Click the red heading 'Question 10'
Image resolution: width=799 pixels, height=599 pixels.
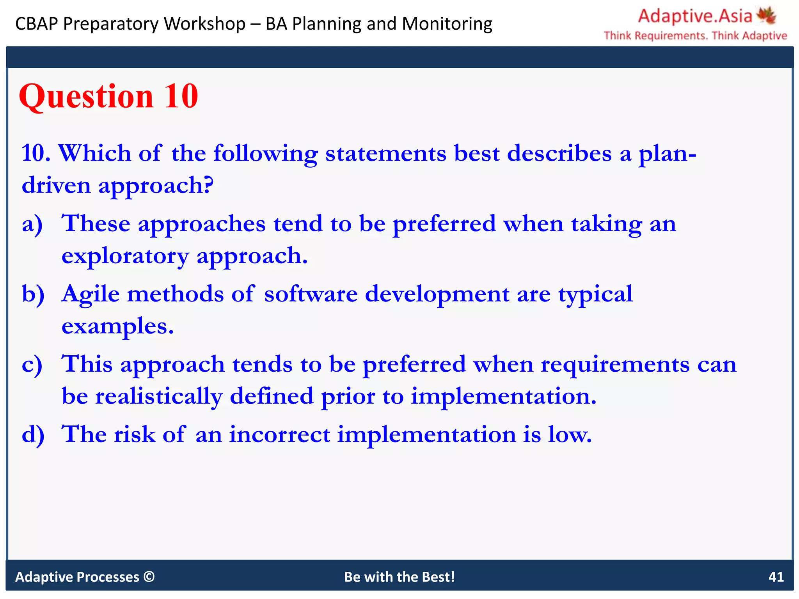click(x=108, y=96)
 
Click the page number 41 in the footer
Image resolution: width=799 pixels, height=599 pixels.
click(x=776, y=577)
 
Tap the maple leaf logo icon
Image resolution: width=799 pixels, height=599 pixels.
click(x=766, y=16)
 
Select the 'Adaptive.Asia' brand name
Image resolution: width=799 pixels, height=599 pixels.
click(x=694, y=16)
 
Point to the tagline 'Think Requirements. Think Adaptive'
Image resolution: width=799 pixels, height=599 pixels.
click(x=695, y=36)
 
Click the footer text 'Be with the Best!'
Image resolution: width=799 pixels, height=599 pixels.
click(x=399, y=577)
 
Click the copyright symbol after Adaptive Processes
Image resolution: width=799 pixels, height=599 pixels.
click(x=149, y=576)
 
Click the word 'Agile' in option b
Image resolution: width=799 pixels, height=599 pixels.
click(x=91, y=295)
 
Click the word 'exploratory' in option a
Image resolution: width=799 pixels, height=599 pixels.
click(x=125, y=257)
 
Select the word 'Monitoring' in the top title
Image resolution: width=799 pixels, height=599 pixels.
click(x=447, y=24)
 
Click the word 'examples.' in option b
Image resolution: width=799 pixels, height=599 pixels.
click(x=117, y=327)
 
